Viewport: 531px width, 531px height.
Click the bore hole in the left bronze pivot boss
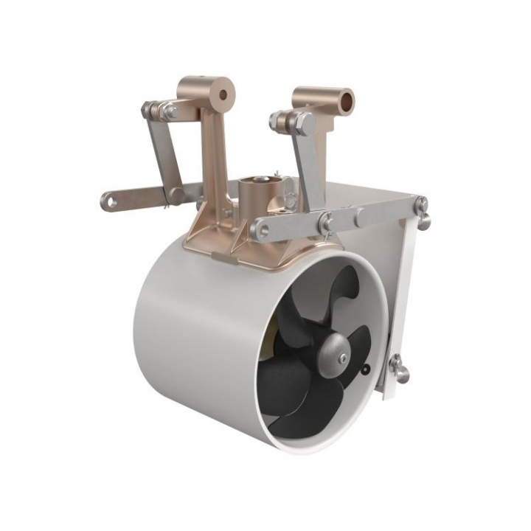(x=222, y=94)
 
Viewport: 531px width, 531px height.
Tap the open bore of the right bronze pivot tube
(x=344, y=97)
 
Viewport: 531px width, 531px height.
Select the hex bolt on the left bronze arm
(x=170, y=112)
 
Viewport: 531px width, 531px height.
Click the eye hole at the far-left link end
(x=110, y=200)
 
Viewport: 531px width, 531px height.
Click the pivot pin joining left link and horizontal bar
(x=175, y=194)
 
